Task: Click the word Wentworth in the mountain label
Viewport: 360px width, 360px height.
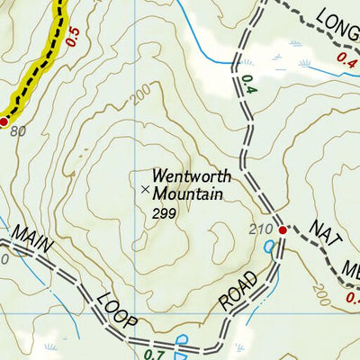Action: [x=192, y=177]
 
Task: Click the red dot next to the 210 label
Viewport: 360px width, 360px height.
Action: [x=283, y=230]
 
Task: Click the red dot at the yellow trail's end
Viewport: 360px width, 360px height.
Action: [x=4, y=121]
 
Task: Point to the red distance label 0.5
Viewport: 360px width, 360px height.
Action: [x=73, y=36]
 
